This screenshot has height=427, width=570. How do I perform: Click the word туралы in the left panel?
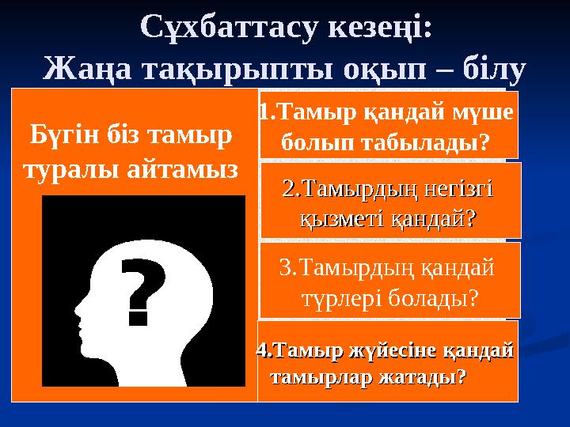point(71,168)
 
